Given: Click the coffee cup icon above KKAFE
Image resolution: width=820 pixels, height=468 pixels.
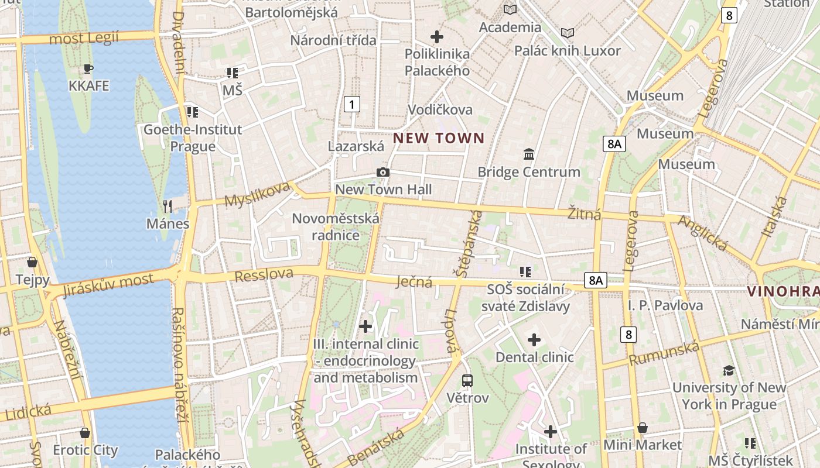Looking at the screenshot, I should tap(88, 68).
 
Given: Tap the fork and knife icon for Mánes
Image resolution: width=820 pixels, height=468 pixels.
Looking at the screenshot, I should tap(168, 206).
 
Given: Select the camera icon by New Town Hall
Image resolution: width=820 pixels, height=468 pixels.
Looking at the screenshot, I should tap(383, 172).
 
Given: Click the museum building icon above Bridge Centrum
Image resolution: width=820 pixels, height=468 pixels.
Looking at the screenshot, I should tap(529, 154).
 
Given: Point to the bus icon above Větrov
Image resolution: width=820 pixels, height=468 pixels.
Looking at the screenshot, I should tap(467, 380).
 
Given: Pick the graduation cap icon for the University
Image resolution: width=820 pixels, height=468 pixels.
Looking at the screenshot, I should tap(729, 370).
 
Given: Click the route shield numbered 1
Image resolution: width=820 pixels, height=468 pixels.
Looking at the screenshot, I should tap(351, 105).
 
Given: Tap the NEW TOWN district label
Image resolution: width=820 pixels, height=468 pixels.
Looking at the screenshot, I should tap(439, 138).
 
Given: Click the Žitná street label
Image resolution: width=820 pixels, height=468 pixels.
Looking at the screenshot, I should tap(585, 214).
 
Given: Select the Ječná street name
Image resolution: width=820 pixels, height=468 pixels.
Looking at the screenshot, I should tap(414, 282).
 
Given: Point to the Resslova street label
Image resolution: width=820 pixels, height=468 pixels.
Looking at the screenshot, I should tap(264, 274).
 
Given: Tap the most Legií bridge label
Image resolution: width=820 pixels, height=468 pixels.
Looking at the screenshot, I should tap(84, 39).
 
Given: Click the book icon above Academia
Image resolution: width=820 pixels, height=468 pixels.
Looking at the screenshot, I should tap(510, 9).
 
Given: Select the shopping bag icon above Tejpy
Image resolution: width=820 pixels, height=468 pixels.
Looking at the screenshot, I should tap(32, 261).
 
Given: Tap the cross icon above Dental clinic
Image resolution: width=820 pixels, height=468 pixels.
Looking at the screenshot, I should tap(534, 339).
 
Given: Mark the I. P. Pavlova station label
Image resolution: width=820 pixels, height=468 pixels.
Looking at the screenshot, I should tap(665, 305).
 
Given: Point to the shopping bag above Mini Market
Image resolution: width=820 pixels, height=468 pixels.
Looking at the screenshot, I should tap(643, 428).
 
